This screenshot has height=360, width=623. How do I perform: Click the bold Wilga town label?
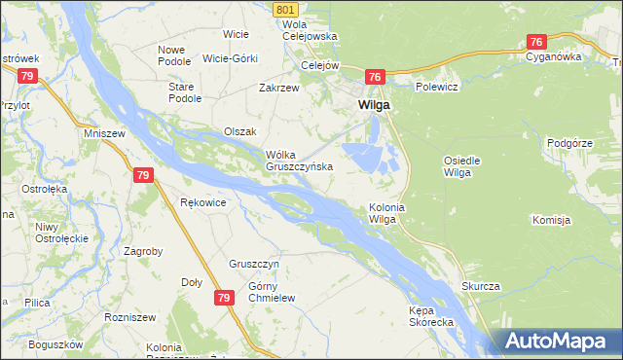[375, 104]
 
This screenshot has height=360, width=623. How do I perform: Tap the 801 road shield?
[285, 9]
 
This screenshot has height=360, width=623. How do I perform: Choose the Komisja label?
[551, 221]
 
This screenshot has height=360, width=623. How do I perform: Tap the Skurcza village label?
[481, 286]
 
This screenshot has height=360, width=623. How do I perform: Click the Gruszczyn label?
[255, 264]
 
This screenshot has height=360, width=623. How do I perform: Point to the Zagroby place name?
[143, 251]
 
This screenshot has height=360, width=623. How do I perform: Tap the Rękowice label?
[203, 202]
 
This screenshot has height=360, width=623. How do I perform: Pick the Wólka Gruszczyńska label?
[300, 161]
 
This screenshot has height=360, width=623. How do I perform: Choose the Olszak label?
[239, 131]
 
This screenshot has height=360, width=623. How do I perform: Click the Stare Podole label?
[185, 92]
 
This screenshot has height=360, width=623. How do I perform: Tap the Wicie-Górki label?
[230, 58]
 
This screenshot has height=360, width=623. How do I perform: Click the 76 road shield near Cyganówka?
[536, 42]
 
